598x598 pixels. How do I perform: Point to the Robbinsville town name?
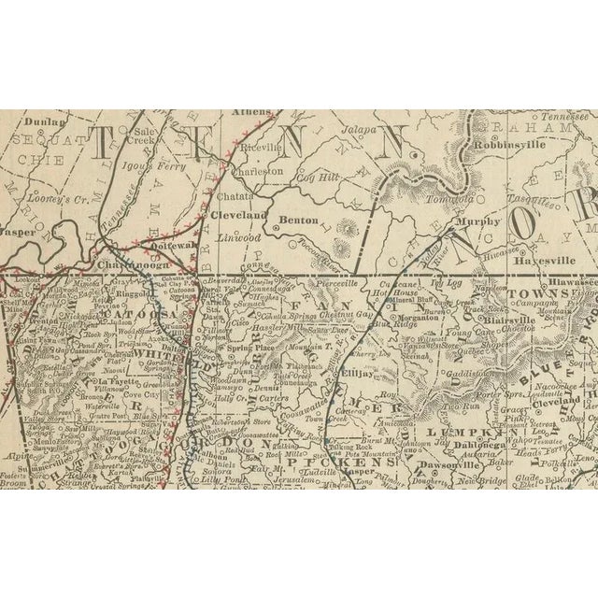tap(506, 146)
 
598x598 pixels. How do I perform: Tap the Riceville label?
tap(261, 149)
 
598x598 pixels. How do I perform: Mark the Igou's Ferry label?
tap(164, 171)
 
